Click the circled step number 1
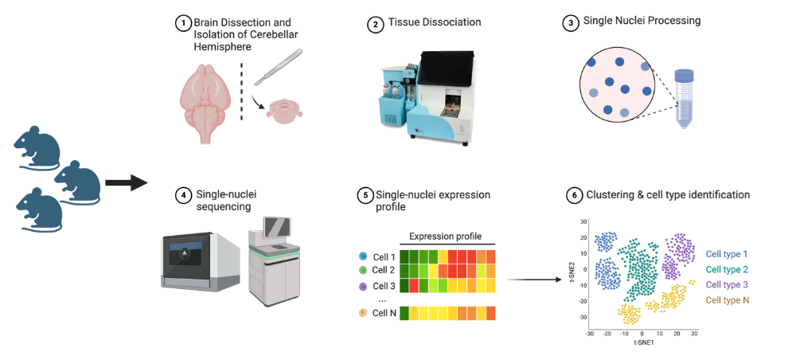click(181, 24)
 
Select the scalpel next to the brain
click(279, 66)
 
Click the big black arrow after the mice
click(126, 182)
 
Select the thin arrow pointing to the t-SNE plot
click(533, 280)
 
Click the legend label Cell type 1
click(727, 254)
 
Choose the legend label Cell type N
click(727, 300)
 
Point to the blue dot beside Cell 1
click(363, 256)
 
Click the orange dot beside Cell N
click(363, 312)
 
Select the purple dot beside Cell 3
click(363, 286)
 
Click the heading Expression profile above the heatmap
click(446, 237)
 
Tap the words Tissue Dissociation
click(434, 22)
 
